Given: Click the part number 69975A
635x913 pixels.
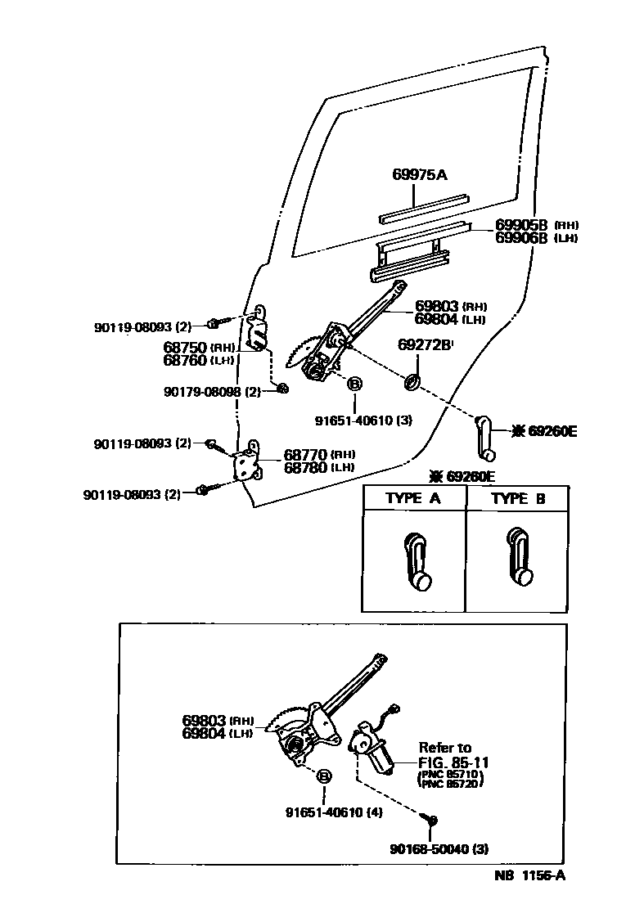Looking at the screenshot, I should (x=420, y=174).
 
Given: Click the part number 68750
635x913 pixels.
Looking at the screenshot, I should (x=185, y=348).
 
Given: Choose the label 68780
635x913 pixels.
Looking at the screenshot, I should (x=306, y=467).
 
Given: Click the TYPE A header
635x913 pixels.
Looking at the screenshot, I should (x=415, y=498).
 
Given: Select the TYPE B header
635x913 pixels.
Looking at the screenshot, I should (x=518, y=498).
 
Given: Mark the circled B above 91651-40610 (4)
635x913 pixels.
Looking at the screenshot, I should (x=324, y=776).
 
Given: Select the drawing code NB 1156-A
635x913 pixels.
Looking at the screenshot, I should (x=529, y=876).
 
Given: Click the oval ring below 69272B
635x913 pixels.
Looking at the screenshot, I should (x=413, y=381).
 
